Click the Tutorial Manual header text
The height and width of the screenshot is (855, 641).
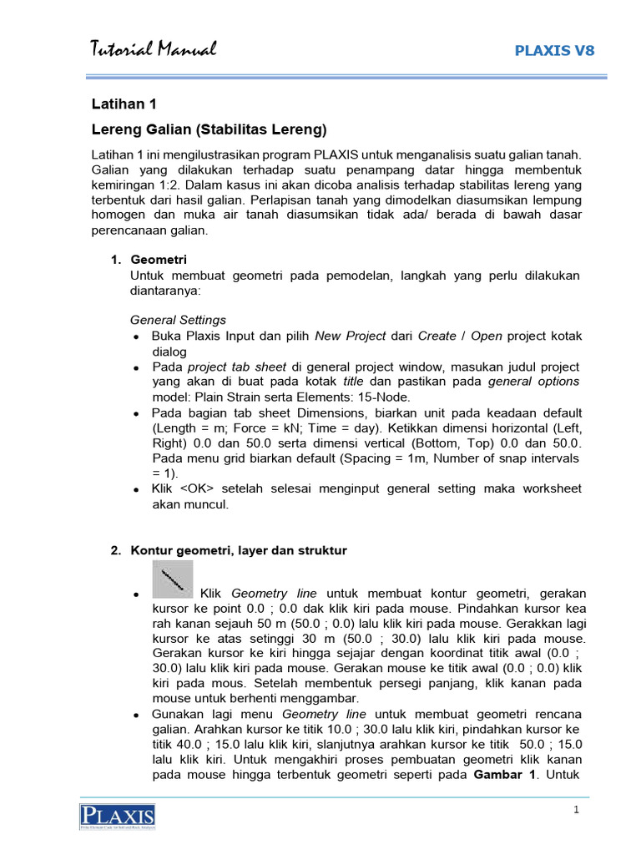point(154,50)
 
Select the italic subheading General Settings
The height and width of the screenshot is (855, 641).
point(178,320)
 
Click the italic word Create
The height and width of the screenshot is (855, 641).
point(437,336)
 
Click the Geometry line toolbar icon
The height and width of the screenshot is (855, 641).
point(173,579)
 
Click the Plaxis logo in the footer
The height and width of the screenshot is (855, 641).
point(118,817)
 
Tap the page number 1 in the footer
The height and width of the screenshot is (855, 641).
point(576,811)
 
